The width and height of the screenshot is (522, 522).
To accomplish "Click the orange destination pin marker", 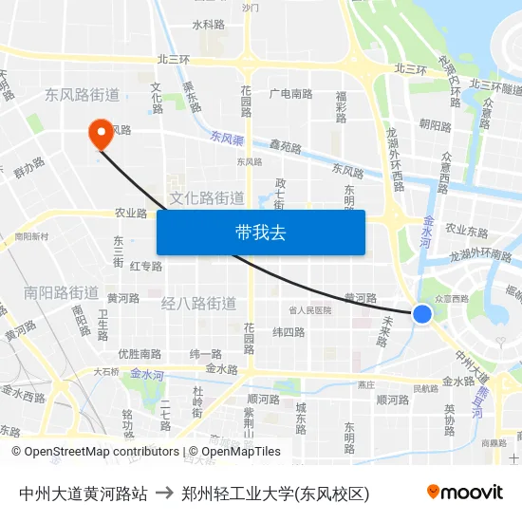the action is [x=100, y=133].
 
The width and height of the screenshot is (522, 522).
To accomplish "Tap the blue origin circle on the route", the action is [x=422, y=314].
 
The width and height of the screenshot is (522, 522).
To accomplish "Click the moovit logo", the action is [x=465, y=492].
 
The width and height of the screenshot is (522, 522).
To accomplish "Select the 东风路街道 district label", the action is [x=82, y=95].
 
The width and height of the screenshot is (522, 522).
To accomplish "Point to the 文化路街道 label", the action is [x=207, y=198].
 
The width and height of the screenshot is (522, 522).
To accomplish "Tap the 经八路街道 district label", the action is [x=199, y=304].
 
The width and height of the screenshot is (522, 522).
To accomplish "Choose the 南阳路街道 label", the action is [x=62, y=292].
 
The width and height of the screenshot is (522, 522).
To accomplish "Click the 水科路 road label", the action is [x=208, y=25].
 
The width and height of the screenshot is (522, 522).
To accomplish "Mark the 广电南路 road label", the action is [x=290, y=94].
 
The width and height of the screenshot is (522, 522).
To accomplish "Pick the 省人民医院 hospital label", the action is [x=310, y=310].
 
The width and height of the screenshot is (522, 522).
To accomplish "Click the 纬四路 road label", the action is [x=289, y=332].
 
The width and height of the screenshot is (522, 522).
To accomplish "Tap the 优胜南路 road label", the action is [x=140, y=354].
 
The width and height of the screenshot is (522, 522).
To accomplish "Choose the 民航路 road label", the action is [x=425, y=389].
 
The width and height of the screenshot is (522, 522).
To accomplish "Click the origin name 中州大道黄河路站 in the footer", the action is [x=84, y=493].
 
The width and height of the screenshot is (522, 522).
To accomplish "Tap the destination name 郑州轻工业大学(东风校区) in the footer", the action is [x=275, y=493].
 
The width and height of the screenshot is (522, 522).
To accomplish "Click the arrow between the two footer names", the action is [x=164, y=493].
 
